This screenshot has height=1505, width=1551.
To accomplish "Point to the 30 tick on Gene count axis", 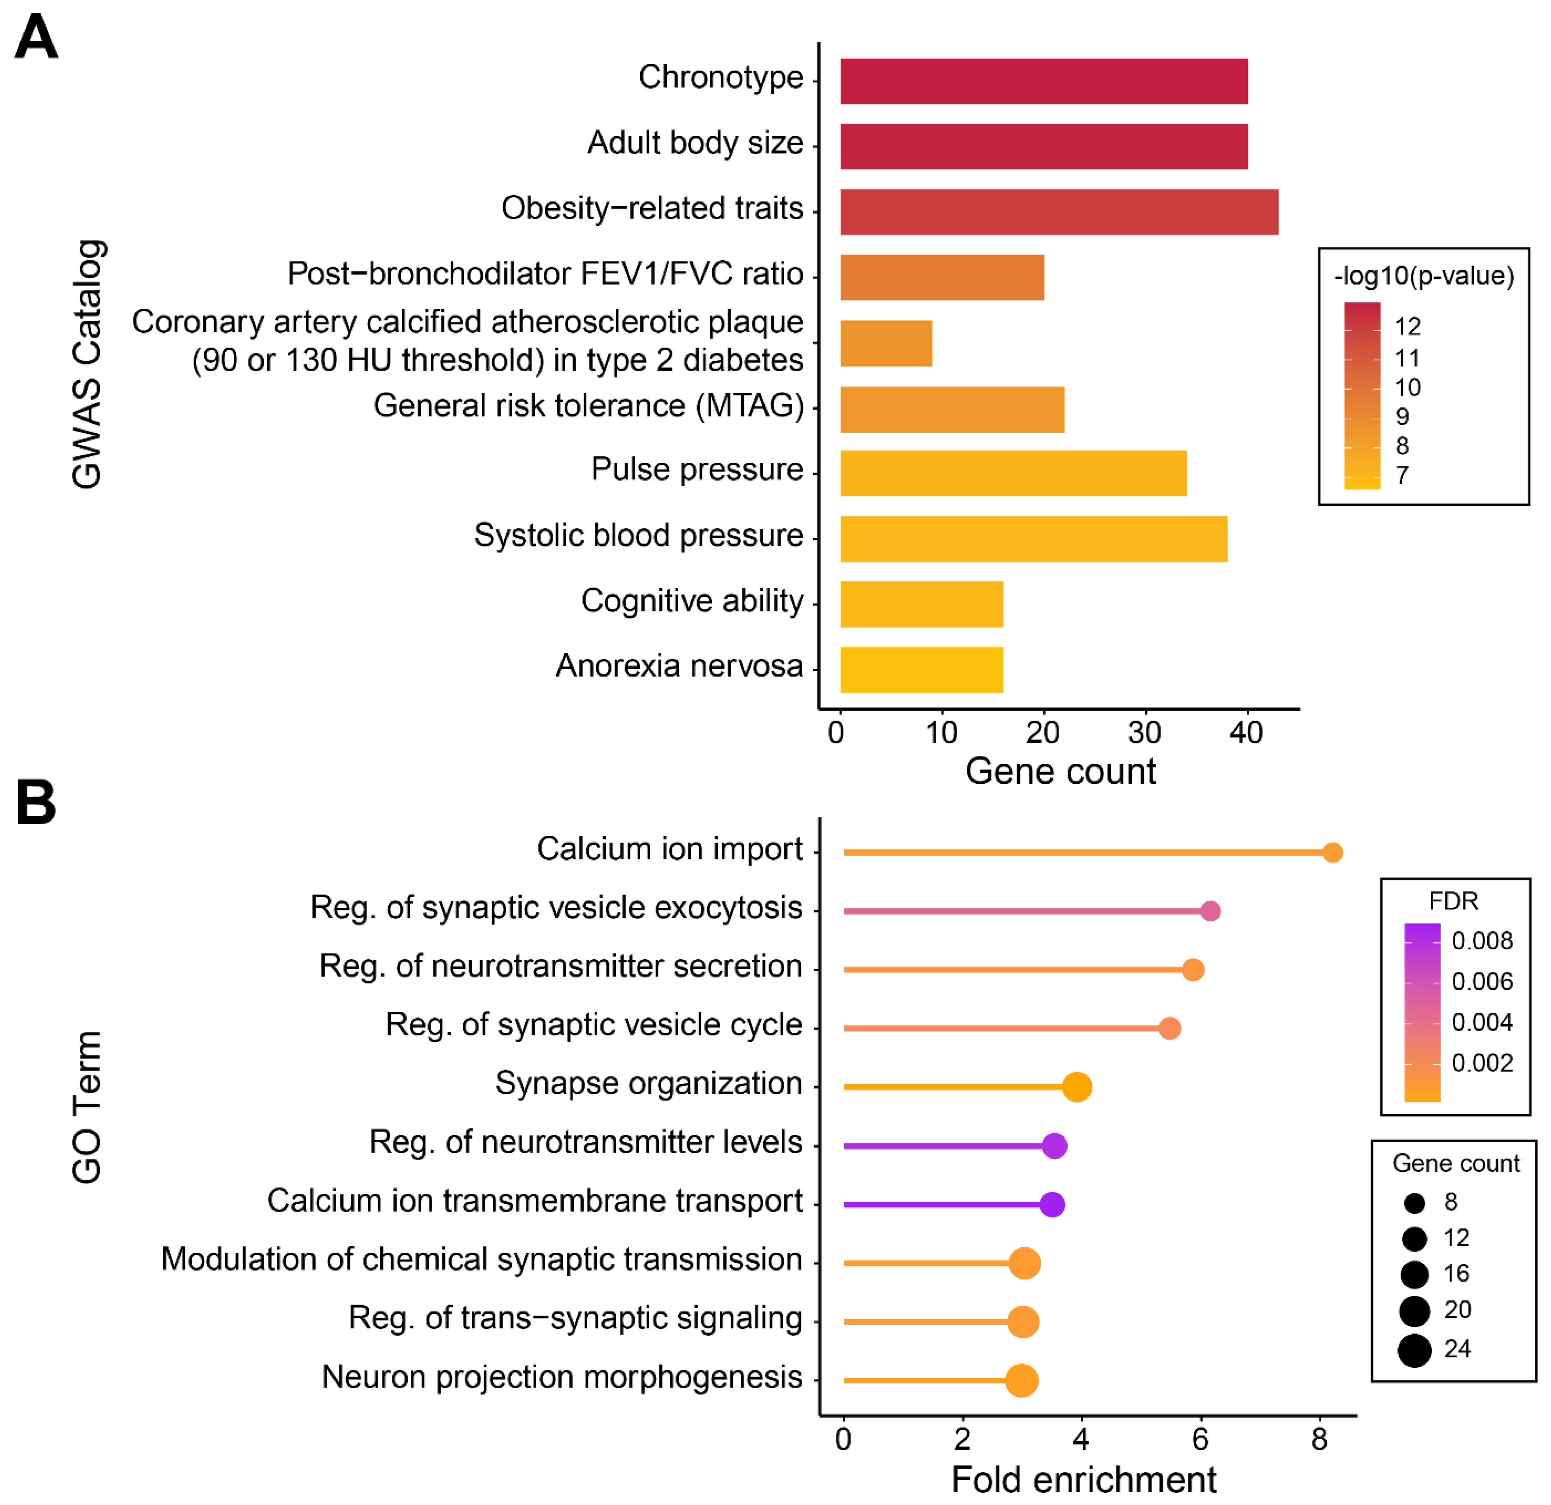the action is [1144, 732].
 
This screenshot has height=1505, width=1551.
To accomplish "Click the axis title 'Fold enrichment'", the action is [1083, 1479].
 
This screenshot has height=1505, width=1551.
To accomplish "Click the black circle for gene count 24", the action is [1414, 1350].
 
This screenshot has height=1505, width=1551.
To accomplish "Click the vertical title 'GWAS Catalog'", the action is [87, 364].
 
